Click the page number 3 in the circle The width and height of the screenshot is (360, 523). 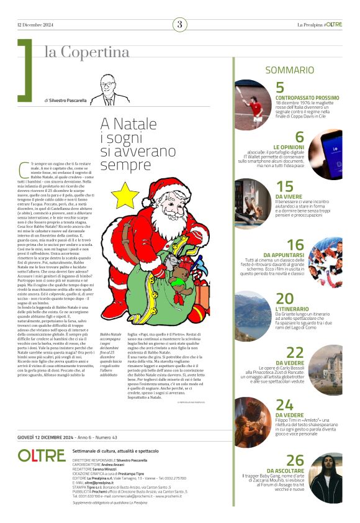click(179, 25)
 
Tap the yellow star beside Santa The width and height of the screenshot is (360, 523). click(125, 195)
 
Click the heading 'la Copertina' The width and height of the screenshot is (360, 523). click(86, 52)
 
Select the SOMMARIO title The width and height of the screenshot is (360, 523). click(290, 71)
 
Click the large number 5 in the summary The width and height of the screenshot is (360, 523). click(280, 88)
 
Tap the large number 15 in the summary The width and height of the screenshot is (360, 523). click(284, 186)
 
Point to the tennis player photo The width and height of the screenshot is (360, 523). click(251, 104)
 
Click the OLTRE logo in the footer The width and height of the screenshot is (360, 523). click(42, 455)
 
